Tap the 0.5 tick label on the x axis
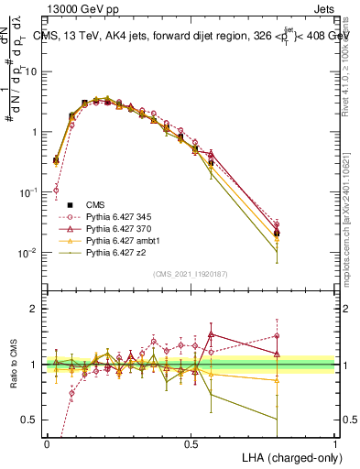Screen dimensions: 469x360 coord(191,442)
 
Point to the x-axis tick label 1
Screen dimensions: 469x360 coord(335,442)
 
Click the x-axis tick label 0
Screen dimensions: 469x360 coord(47,442)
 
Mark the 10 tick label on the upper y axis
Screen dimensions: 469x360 coord(33,71)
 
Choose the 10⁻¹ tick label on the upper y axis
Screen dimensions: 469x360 coord(29,192)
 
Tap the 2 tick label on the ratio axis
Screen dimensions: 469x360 coord(36,310)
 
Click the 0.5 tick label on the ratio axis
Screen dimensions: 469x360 coord(32,420)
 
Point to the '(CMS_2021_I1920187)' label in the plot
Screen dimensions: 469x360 coord(191,273)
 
